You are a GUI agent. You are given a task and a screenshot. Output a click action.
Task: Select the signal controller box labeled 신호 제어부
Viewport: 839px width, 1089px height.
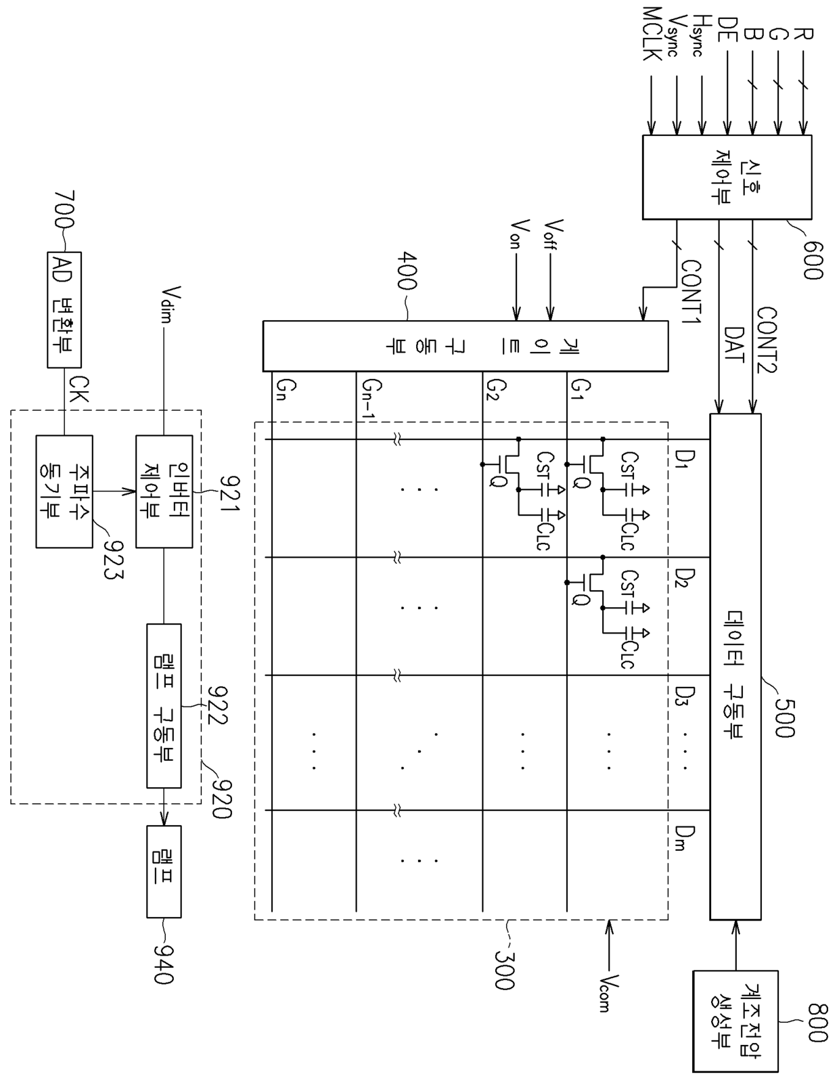click(726, 177)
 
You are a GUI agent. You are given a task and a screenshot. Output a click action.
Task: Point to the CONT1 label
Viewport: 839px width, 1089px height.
click(690, 292)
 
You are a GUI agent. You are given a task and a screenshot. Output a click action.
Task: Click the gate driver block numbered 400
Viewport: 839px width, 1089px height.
click(465, 346)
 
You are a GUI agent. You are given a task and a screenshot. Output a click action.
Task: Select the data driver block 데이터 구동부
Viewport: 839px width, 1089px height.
click(735, 667)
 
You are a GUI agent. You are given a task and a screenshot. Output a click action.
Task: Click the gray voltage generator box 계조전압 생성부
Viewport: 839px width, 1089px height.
click(735, 1021)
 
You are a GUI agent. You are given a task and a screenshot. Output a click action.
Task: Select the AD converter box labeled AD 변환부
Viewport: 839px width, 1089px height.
click(64, 309)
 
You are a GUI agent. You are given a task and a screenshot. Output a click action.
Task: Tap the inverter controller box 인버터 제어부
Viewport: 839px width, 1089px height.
click(164, 491)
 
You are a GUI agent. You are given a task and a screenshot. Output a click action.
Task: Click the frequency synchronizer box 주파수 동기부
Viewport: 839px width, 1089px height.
click(64, 491)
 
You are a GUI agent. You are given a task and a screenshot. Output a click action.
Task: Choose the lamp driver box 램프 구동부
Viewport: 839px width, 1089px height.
click(164, 705)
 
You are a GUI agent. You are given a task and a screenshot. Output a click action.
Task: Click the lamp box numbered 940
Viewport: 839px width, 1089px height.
click(164, 871)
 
